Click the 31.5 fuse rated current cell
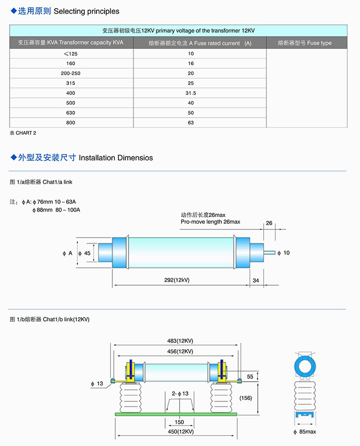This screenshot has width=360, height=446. click(x=191, y=93)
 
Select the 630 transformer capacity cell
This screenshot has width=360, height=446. click(x=71, y=113)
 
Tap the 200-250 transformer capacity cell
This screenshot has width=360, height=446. click(x=71, y=73)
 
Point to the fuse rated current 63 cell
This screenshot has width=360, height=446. click(x=191, y=123)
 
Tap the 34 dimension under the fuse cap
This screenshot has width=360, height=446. click(x=255, y=280)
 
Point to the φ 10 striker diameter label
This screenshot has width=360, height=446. click(x=284, y=253)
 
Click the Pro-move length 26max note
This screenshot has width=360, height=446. click(x=210, y=222)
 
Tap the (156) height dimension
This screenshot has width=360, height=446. click(x=245, y=398)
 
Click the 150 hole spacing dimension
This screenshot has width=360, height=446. click(x=179, y=422)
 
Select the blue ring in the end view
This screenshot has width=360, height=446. click(x=305, y=366)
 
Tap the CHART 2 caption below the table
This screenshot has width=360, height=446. click(x=23, y=133)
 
